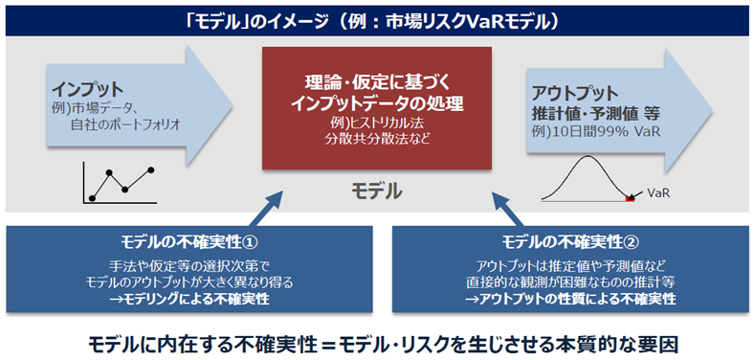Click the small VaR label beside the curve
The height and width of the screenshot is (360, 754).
[x=658, y=192]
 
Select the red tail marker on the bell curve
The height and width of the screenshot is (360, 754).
[x=630, y=200]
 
